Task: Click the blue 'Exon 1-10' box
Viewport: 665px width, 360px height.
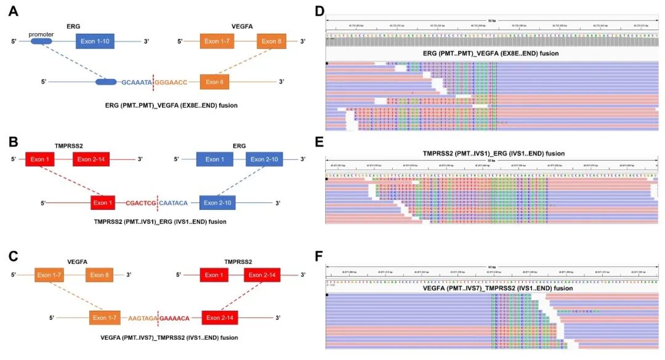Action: point(95,42)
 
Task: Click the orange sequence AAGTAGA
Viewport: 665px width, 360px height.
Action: point(143,319)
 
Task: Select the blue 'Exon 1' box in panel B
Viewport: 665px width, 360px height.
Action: point(214,159)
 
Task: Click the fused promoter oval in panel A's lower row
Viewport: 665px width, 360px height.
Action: point(106,81)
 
